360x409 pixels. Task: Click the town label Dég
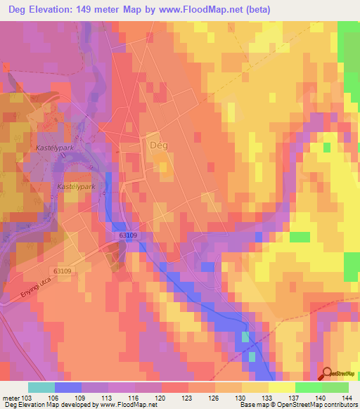tap(157, 143)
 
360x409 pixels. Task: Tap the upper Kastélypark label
tap(54, 149)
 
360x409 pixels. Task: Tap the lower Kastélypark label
tap(75, 188)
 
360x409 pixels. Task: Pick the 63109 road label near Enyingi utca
tap(63, 270)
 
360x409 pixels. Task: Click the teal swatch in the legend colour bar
tap(41, 387)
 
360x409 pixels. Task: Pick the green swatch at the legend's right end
tap(335, 387)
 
